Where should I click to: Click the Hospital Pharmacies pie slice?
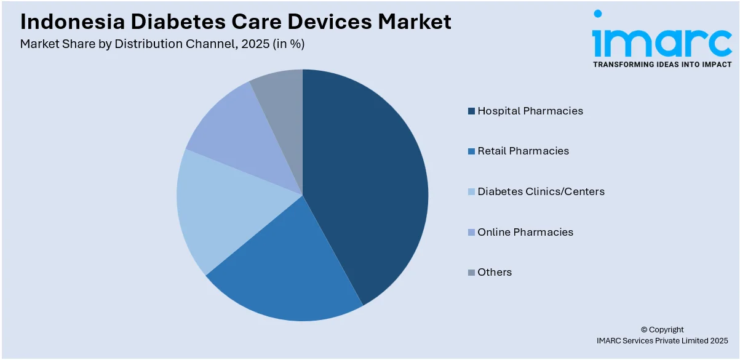point(369,185)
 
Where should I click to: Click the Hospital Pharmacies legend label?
point(530,111)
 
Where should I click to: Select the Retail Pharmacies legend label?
point(523,151)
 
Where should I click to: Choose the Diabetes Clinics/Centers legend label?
point(541,192)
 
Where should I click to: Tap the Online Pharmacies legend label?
point(525,233)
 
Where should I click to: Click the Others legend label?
point(495,273)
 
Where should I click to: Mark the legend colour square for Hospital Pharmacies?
point(471,111)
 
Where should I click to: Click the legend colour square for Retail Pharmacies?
point(471,151)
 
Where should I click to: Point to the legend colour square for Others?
point(471,273)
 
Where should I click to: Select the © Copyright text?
point(662,330)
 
